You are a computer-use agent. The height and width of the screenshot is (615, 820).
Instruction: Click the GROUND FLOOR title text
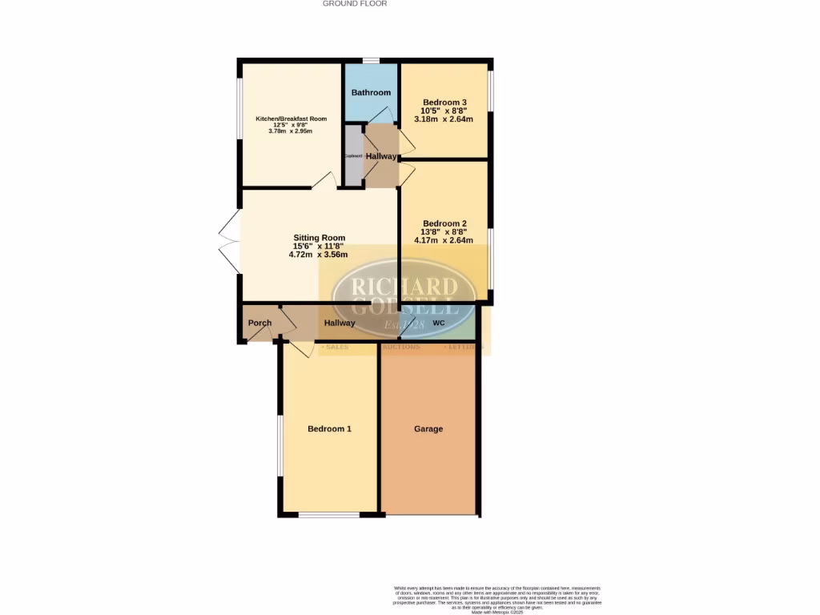coord(355,4)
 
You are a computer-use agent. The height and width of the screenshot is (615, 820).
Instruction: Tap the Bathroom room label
coord(371,93)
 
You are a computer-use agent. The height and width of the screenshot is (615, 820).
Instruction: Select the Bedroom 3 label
coord(444,102)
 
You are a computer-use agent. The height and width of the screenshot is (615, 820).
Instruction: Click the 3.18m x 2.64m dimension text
coord(444,119)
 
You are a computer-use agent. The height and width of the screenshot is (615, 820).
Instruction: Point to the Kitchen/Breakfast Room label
coord(291,119)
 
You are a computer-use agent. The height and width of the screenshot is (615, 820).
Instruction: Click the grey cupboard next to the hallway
coord(353,156)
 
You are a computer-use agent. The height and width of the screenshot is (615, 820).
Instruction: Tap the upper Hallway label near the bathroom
coord(380,156)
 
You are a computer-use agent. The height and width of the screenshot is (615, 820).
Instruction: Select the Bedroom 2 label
coord(444,223)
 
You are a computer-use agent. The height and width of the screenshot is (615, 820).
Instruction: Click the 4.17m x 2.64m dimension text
coord(444,239)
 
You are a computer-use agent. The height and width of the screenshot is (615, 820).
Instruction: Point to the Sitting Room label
coord(319,238)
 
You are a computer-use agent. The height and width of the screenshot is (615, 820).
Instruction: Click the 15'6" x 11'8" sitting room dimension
coord(319,246)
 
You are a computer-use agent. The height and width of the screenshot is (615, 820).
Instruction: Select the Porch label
coord(259,324)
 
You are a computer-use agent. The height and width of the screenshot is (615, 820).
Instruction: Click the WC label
coord(438,324)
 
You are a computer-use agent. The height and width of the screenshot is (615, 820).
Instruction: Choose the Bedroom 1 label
coord(330,429)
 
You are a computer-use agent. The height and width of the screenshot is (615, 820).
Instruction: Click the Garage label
coord(428,429)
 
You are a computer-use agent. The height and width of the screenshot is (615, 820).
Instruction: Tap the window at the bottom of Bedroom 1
coord(329,515)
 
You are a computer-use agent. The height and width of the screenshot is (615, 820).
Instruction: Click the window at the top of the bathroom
coord(371,61)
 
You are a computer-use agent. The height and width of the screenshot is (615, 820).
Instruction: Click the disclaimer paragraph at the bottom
coord(497,599)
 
